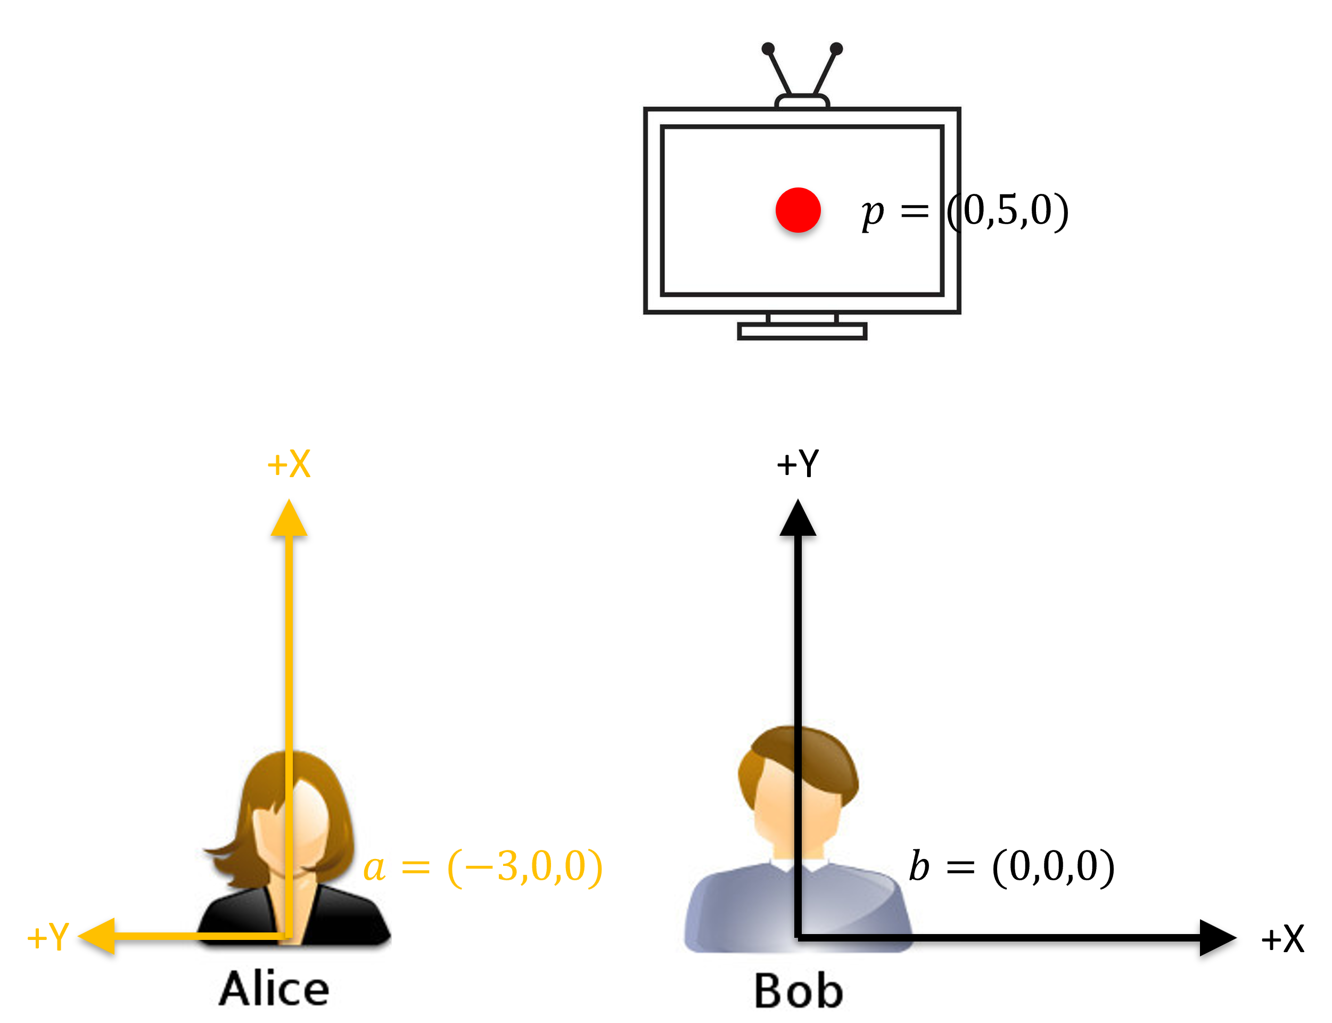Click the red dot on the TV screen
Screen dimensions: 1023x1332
pos(798,210)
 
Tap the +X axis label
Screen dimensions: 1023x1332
pos(289,464)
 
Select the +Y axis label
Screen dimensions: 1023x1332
pos(48,937)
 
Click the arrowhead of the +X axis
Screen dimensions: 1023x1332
pos(289,518)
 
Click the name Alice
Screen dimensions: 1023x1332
pos(274,989)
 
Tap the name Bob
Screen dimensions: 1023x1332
pos(798,991)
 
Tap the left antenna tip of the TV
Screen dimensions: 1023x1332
pos(768,48)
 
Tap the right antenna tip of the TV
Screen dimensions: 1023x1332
pos(836,48)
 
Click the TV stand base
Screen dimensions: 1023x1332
pos(802,331)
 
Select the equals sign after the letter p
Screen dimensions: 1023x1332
pos(915,212)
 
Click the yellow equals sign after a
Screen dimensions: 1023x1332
pos(416,866)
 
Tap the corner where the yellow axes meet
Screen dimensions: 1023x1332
pos(289,936)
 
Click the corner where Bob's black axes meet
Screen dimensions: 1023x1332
pos(798,937)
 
